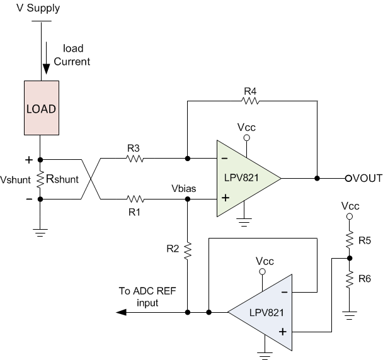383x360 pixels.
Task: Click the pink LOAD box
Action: [x=40, y=108]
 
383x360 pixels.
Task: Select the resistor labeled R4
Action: [x=250, y=99]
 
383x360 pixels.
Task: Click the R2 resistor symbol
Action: [x=187, y=251]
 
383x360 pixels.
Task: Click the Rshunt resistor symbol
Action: [x=40, y=179]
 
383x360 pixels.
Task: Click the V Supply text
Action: [x=32, y=9]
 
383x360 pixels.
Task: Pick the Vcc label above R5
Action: [x=350, y=206]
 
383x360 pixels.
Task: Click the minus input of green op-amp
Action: [x=224, y=160]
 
